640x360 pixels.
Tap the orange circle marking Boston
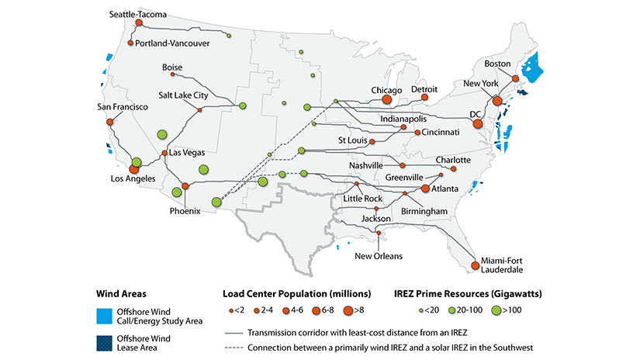pyautogui.click(x=515, y=78)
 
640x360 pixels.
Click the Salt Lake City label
pyautogui.click(x=183, y=95)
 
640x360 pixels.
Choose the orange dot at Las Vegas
pyautogui.click(x=164, y=153)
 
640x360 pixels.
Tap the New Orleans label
pyautogui.click(x=379, y=255)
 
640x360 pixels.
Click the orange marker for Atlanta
pyautogui.click(x=425, y=189)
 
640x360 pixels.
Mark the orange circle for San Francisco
pyautogui.click(x=109, y=122)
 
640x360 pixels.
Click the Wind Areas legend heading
pyautogui.click(x=120, y=293)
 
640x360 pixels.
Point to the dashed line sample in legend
pyautogui.click(x=230, y=346)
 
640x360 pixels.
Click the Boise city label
pyautogui.click(x=171, y=67)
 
